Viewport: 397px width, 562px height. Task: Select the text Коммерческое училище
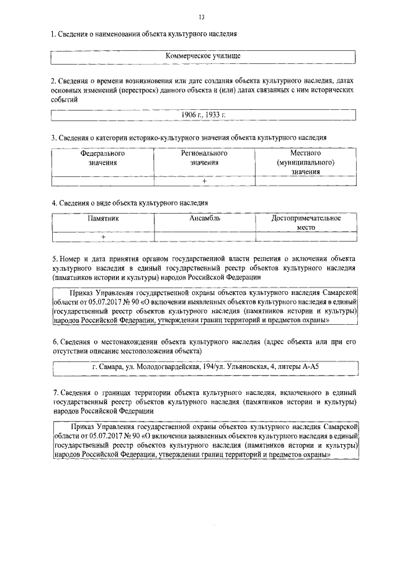(x=203, y=56)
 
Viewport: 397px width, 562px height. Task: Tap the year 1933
(x=214, y=115)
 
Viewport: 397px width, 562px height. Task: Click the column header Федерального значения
(x=102, y=158)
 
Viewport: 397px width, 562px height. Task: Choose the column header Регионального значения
(x=205, y=158)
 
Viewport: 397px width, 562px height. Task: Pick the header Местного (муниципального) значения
(x=305, y=162)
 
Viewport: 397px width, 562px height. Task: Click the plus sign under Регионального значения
(x=205, y=181)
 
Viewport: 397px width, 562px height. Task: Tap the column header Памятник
(x=103, y=219)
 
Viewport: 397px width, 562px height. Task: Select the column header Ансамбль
(x=205, y=219)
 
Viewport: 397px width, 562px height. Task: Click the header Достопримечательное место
(x=306, y=223)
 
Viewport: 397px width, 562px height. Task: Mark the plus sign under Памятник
(x=103, y=237)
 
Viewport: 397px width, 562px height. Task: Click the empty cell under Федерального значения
(x=102, y=181)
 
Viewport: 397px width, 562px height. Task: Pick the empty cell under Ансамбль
(x=205, y=237)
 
